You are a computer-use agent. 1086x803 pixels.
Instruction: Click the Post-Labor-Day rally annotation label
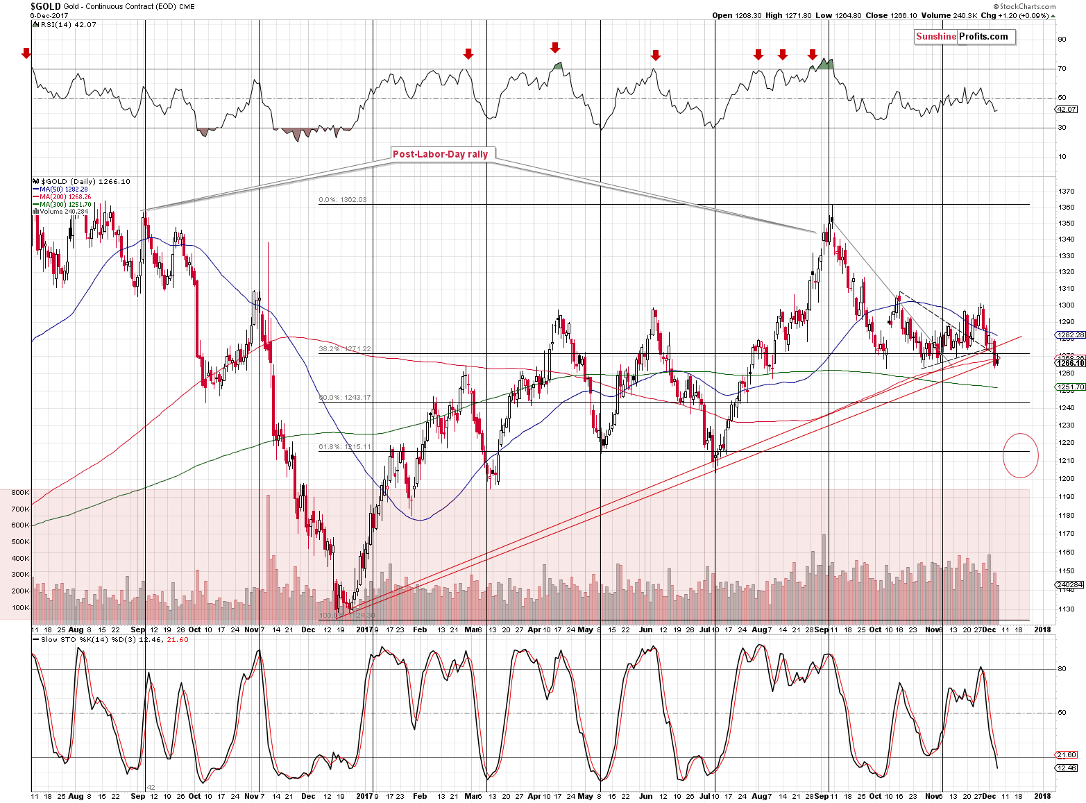click(x=440, y=154)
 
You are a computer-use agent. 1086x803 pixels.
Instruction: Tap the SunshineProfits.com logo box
click(x=963, y=37)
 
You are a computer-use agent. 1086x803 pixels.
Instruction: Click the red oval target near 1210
click(x=1020, y=455)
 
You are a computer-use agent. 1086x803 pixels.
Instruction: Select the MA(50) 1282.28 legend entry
click(x=63, y=189)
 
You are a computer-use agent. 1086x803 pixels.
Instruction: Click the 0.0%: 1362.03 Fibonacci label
click(x=342, y=200)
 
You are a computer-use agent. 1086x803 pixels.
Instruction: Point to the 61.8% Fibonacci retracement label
click(x=344, y=447)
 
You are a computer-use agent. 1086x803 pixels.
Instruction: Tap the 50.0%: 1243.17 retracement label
click(x=344, y=398)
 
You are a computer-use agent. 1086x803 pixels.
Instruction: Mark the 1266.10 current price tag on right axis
click(x=1070, y=363)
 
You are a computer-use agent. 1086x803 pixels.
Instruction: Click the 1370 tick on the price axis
click(x=1066, y=192)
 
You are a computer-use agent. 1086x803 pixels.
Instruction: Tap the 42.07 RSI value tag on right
click(x=1067, y=110)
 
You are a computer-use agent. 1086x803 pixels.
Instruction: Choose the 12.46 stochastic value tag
click(x=1067, y=768)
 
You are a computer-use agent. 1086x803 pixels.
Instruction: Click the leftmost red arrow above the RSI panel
click(x=26, y=53)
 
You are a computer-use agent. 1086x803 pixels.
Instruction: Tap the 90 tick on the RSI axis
click(x=1062, y=40)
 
